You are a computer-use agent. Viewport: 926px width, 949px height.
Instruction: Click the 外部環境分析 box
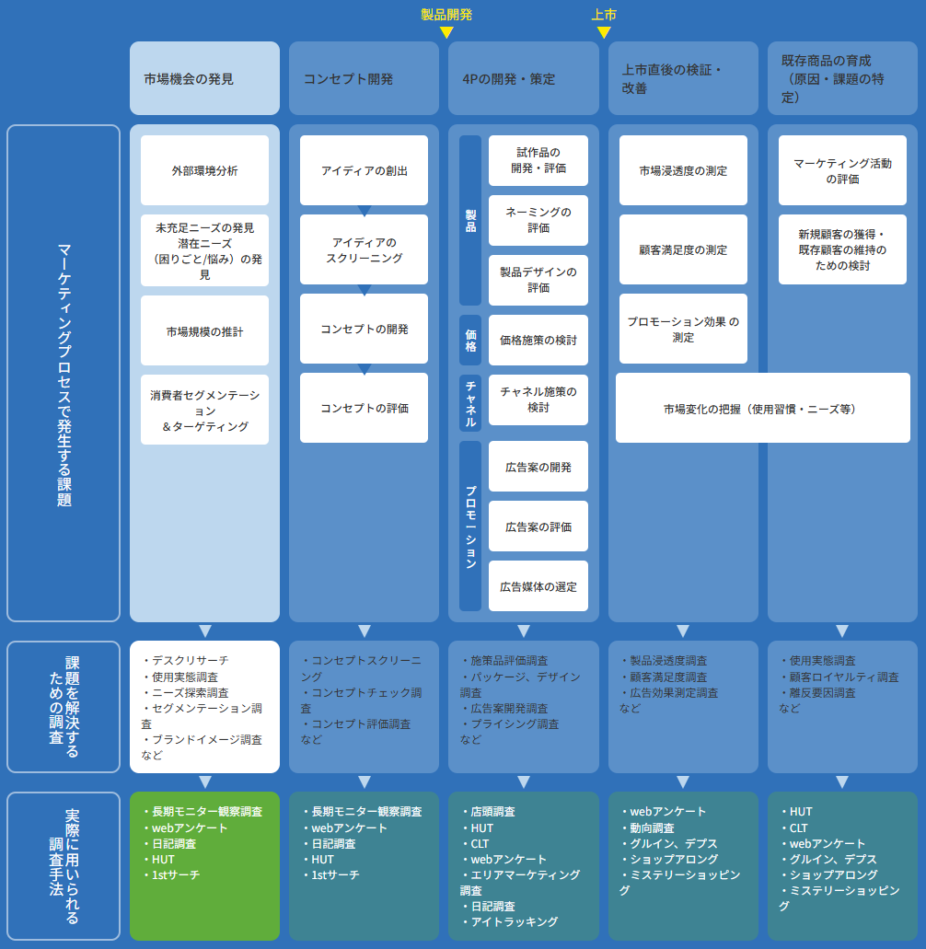click(x=204, y=170)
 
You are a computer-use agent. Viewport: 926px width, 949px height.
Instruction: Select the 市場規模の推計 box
click(x=204, y=330)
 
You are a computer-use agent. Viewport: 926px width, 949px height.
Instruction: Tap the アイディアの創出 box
click(x=364, y=170)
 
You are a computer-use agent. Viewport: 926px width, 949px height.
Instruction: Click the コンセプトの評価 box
click(x=364, y=408)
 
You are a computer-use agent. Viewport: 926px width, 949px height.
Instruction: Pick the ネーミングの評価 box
click(x=538, y=220)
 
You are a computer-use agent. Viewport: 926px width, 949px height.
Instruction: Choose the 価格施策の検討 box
click(x=538, y=340)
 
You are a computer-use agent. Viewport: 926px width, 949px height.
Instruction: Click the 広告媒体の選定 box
click(x=538, y=586)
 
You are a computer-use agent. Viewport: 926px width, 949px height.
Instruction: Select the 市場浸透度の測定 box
click(x=683, y=170)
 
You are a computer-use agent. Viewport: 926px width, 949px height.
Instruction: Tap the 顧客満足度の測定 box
click(x=683, y=249)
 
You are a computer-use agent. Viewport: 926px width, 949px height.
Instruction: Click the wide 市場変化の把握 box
click(x=762, y=408)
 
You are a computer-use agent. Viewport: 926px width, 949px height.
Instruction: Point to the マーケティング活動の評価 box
click(x=842, y=170)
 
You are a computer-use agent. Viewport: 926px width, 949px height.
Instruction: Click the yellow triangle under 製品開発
click(x=446, y=32)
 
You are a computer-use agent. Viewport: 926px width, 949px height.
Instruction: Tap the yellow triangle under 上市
click(x=604, y=32)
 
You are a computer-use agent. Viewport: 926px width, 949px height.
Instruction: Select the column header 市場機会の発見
click(x=204, y=78)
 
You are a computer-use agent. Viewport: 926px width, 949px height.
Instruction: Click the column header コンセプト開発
click(x=364, y=78)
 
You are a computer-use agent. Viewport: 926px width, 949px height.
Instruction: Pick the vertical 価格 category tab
click(x=470, y=340)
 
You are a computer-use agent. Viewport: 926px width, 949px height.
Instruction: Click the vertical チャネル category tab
click(x=470, y=403)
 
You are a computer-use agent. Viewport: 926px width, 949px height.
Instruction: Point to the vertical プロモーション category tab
click(x=470, y=526)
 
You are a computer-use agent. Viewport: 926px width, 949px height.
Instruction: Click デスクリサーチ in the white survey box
click(x=190, y=660)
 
